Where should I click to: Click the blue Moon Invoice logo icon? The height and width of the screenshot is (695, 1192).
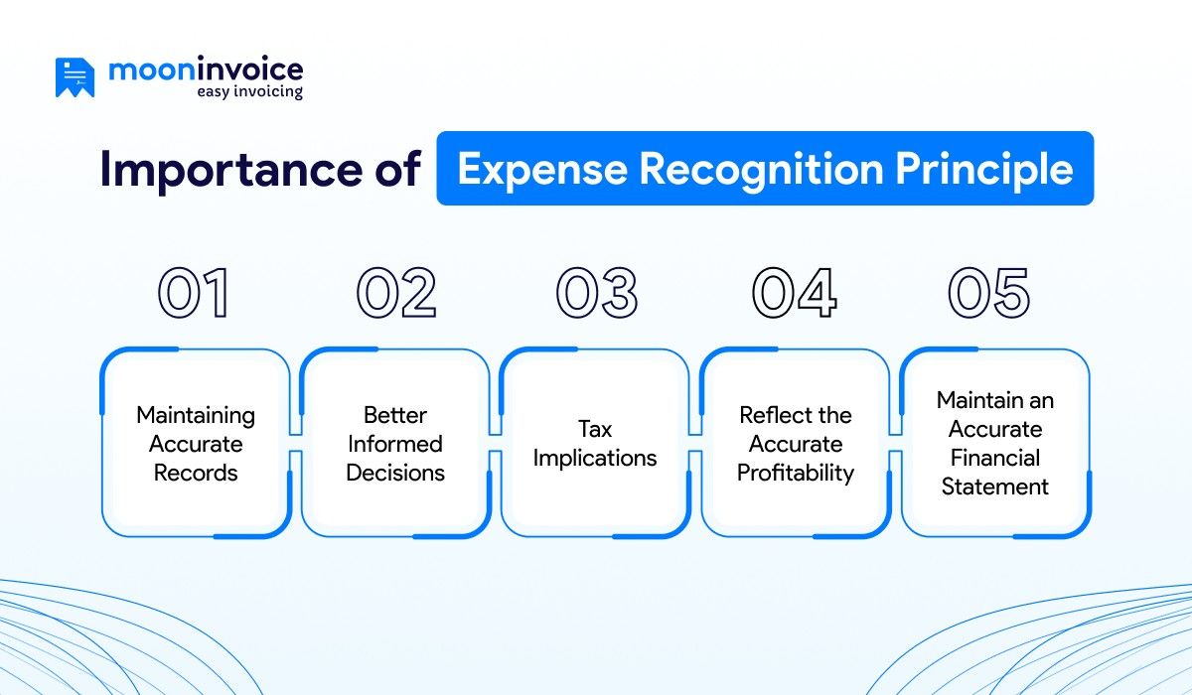click(x=75, y=77)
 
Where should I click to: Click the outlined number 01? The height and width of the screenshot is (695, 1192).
click(x=195, y=294)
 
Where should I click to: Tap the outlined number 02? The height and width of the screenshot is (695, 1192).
click(x=396, y=294)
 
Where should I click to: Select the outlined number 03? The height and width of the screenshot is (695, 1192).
click(x=596, y=294)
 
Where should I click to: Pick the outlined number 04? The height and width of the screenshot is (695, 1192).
click(x=795, y=294)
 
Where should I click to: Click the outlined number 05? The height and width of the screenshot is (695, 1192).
click(x=990, y=294)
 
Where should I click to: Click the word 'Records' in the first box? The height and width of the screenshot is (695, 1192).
click(x=196, y=473)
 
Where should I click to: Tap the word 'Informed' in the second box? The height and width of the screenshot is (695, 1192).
click(x=395, y=444)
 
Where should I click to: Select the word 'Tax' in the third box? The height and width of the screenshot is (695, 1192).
click(x=595, y=429)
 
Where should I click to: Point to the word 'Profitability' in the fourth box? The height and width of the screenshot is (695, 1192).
click(x=795, y=473)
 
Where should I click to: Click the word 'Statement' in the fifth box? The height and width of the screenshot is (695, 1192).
click(x=995, y=486)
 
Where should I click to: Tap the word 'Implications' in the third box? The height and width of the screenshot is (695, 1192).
click(x=595, y=458)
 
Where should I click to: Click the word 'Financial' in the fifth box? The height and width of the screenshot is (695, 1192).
click(x=995, y=458)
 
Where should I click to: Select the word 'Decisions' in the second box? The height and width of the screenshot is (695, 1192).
click(x=395, y=473)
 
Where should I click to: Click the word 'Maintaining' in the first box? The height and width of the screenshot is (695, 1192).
click(x=196, y=415)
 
